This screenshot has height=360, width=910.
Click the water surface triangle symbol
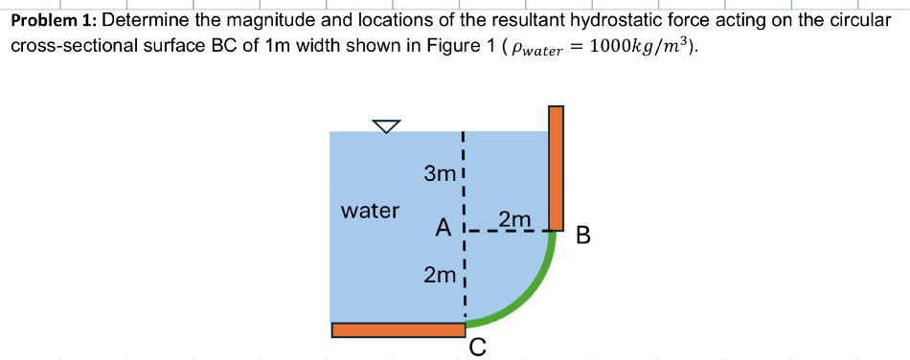[386, 126]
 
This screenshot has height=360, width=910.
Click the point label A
[442, 229]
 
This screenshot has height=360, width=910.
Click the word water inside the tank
[371, 210]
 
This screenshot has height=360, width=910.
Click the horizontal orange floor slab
[398, 329]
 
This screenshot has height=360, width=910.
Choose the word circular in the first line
[858, 19]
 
